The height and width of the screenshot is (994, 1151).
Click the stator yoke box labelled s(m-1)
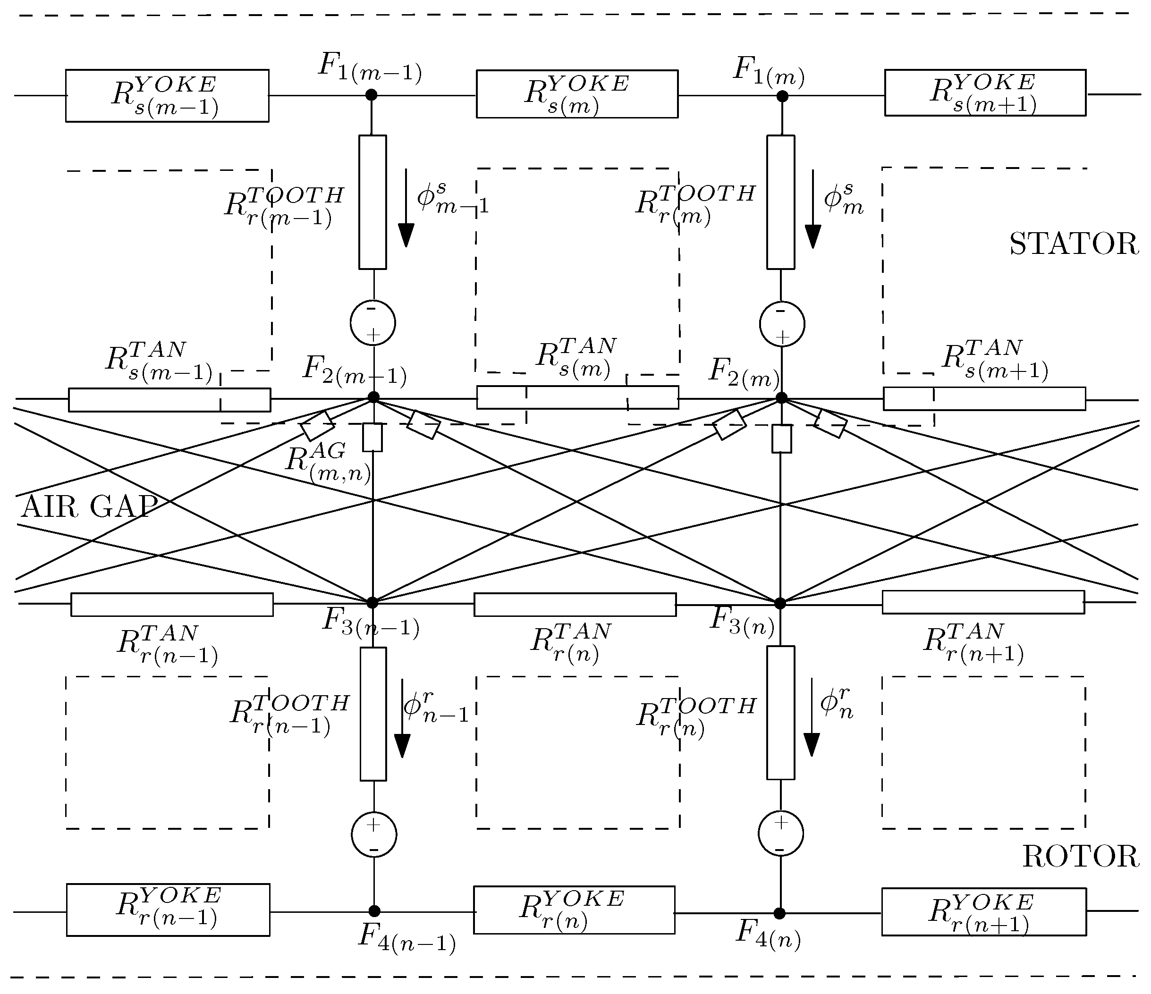pyautogui.click(x=167, y=95)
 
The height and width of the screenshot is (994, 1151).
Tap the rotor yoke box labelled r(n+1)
pyautogui.click(x=983, y=912)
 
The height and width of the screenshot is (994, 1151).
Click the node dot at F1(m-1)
pyautogui.click(x=372, y=95)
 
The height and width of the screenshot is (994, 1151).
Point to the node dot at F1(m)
pyautogui.click(x=782, y=97)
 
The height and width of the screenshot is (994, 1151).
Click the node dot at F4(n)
pyautogui.click(x=780, y=913)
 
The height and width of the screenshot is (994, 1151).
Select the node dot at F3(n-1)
pyautogui.click(x=372, y=603)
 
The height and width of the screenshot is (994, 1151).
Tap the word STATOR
pyautogui.click(x=1073, y=245)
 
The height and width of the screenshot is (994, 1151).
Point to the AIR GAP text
pyautogui.click(x=89, y=507)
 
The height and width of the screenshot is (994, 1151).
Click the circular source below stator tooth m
pyautogui.click(x=782, y=324)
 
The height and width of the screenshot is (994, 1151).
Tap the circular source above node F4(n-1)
pyautogui.click(x=374, y=834)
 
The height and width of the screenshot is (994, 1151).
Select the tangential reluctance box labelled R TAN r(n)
pyautogui.click(x=575, y=605)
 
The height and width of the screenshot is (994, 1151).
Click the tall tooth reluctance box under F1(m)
pyautogui.click(x=780, y=202)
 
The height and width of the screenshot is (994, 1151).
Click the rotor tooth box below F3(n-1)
pyautogui.click(x=373, y=714)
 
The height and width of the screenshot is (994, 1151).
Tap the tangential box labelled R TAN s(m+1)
pyautogui.click(x=984, y=399)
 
